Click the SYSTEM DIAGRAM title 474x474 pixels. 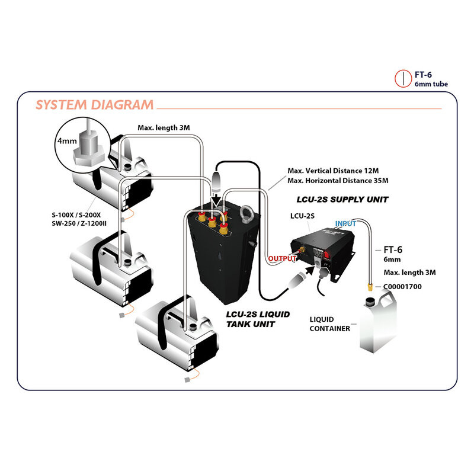[x=95, y=105]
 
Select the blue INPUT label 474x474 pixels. [x=346, y=224]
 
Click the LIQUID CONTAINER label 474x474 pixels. [x=329, y=324]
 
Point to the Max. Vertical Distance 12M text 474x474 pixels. [x=338, y=169]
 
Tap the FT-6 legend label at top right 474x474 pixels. [x=423, y=75]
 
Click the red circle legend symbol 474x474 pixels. [x=403, y=79]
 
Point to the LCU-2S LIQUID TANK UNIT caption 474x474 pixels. [x=258, y=319]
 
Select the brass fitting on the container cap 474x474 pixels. [x=370, y=289]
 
